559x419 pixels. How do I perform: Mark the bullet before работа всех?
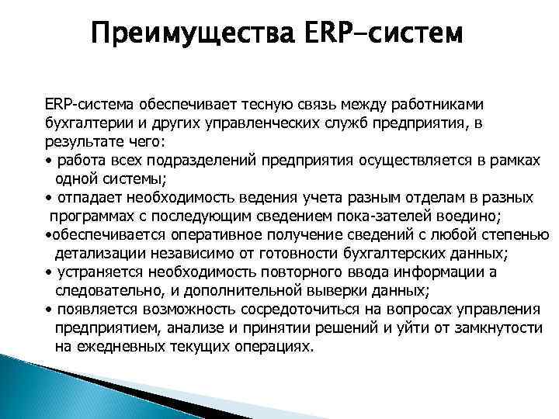[49, 160]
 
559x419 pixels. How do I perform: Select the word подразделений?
[201, 160]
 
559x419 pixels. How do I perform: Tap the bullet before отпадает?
[49, 198]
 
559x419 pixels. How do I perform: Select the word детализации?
[95, 254]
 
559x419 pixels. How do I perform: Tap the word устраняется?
[96, 272]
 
